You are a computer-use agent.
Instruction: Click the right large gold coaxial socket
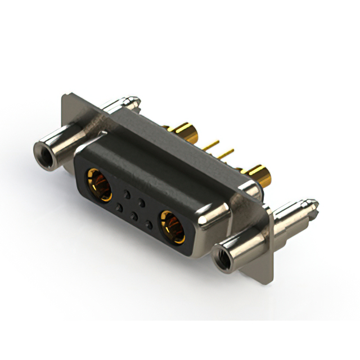[x=172, y=226]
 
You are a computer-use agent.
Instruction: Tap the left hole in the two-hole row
[x=127, y=195]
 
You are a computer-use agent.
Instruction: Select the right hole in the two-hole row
[x=142, y=202]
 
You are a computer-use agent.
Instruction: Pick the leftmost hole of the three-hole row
[x=119, y=208]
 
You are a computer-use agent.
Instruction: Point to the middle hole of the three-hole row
[x=134, y=216]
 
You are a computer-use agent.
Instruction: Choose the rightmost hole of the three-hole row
[x=148, y=224]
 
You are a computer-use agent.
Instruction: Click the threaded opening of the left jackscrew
[x=43, y=151]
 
